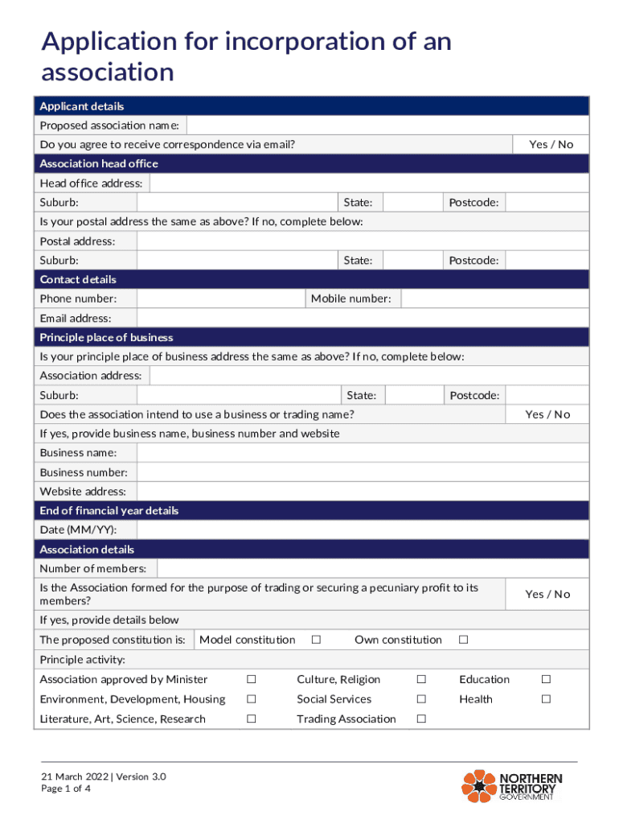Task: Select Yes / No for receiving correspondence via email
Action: [x=551, y=145]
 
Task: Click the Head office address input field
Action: [x=369, y=183]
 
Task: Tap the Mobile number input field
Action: [x=494, y=299]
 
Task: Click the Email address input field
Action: [x=363, y=319]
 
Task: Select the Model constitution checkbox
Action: [x=316, y=640]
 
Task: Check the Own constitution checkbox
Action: [x=463, y=640]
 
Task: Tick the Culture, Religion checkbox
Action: [x=420, y=680]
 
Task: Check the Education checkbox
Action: [x=546, y=680]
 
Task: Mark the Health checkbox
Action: [x=546, y=699]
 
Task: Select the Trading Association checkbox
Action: [x=420, y=719]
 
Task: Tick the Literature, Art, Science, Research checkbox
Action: [x=251, y=719]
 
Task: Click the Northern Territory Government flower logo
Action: [x=479, y=786]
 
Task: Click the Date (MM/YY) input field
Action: [x=363, y=530]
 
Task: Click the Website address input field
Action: [x=363, y=492]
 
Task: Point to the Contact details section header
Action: [x=78, y=280]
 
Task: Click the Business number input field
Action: [x=363, y=472]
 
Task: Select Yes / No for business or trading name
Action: [x=547, y=414]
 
